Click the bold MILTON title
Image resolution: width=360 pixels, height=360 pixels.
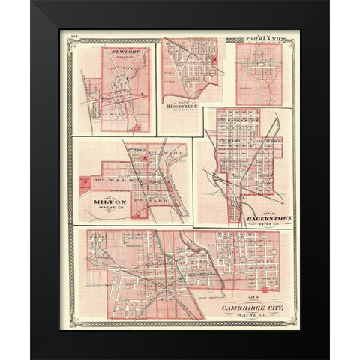(x=103, y=201)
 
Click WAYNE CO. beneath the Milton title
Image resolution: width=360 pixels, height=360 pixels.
(x=104, y=211)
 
